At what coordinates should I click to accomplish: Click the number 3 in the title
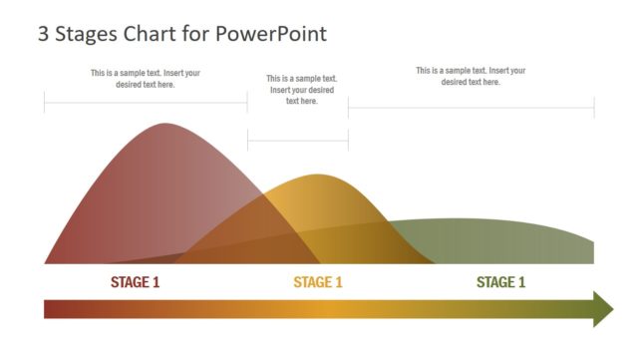click(x=44, y=34)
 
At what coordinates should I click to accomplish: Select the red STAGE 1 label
click(x=135, y=282)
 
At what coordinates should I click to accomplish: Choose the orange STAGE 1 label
click(x=318, y=282)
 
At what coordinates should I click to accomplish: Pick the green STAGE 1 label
click(x=500, y=282)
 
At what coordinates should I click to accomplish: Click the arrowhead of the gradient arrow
click(x=603, y=309)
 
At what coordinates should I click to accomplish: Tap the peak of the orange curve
click(x=318, y=177)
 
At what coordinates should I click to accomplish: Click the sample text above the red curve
click(x=146, y=79)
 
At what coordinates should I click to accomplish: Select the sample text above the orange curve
click(x=302, y=90)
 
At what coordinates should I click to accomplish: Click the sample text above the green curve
click(x=471, y=76)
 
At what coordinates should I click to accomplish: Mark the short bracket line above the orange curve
click(x=298, y=142)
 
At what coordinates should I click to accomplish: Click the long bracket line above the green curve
click(x=471, y=108)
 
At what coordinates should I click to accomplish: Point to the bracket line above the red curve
click(x=146, y=103)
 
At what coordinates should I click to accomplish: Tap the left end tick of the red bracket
click(x=45, y=103)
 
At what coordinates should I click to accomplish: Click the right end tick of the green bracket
click(x=594, y=108)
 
